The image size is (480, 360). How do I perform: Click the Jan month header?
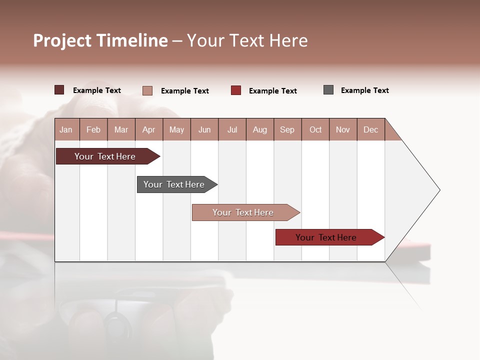[66, 129]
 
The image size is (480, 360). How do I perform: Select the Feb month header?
[93, 129]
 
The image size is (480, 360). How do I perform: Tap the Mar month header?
[121, 129]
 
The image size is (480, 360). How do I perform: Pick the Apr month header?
[149, 129]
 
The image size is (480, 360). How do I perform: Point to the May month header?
[176, 129]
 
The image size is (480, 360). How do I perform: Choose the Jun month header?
[204, 129]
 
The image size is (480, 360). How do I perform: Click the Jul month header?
[232, 129]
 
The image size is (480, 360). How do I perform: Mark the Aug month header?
[260, 129]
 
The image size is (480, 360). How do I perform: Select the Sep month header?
[287, 129]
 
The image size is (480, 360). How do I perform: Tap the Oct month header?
[315, 129]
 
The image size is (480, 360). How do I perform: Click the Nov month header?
[343, 129]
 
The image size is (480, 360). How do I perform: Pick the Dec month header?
[371, 129]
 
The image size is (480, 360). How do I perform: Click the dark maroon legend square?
[59, 90]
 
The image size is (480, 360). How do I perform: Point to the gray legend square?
[328, 90]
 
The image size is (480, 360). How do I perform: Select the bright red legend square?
[236, 90]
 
